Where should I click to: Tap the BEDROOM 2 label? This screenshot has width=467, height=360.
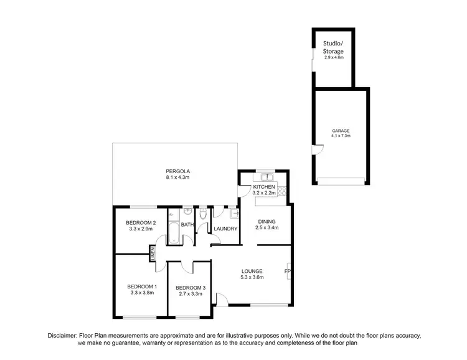[x=140, y=222]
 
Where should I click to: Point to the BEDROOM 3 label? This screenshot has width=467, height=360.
[x=191, y=287]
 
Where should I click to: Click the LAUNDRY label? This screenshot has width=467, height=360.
[x=225, y=229]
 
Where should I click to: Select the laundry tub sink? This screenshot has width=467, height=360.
[x=232, y=214]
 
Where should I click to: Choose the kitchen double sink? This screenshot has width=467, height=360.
[x=265, y=176]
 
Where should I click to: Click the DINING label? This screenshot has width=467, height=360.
[x=267, y=221]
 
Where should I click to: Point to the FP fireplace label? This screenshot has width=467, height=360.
[x=287, y=272]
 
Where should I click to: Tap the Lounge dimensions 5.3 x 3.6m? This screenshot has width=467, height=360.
[x=253, y=277]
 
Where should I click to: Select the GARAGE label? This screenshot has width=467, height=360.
[x=341, y=130]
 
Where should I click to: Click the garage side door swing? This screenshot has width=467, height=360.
[x=318, y=149]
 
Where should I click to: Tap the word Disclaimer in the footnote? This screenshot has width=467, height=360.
[x=65, y=336]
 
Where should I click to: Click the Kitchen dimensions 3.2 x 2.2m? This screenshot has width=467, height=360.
[x=265, y=193]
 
